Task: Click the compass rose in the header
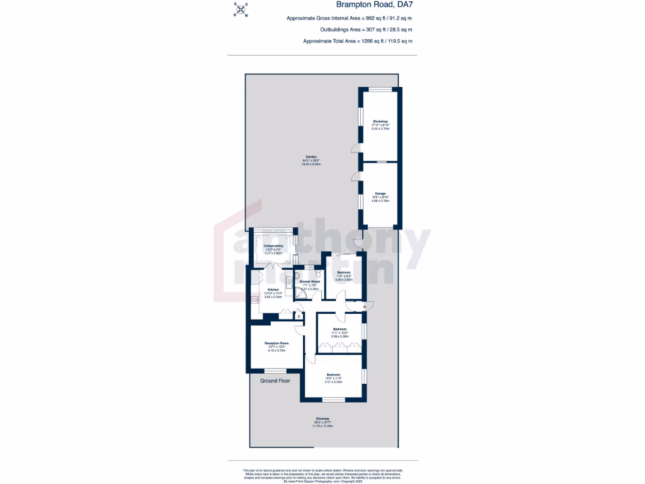pos(241,10)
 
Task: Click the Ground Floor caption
pos(275,381)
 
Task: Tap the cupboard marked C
pos(299,316)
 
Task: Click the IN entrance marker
pos(365,307)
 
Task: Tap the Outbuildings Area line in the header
pos(366,30)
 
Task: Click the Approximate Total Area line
pos(358,41)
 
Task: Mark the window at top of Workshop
pos(380,89)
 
